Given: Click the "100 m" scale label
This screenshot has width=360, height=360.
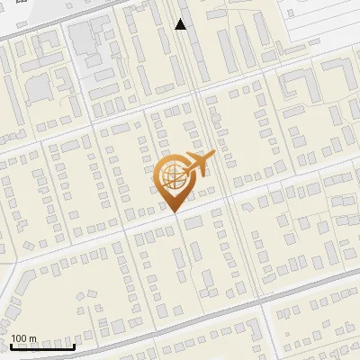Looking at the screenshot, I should [x=23, y=339].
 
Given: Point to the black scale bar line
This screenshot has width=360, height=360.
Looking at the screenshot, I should [x=42, y=346].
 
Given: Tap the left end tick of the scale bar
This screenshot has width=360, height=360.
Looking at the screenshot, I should [x=11, y=344].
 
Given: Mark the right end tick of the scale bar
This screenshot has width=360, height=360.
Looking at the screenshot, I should [x=75, y=344].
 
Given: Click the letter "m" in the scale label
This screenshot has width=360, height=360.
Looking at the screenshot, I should [x=31, y=339].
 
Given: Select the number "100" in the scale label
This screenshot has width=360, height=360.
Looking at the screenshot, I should [x=19, y=339].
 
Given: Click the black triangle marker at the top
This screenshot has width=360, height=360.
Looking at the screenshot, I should [x=181, y=24].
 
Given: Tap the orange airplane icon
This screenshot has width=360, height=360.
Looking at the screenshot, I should [x=196, y=165].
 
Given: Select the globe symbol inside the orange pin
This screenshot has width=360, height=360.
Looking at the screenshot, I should [x=172, y=177].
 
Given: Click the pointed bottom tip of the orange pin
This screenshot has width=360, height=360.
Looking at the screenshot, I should [x=172, y=211].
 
